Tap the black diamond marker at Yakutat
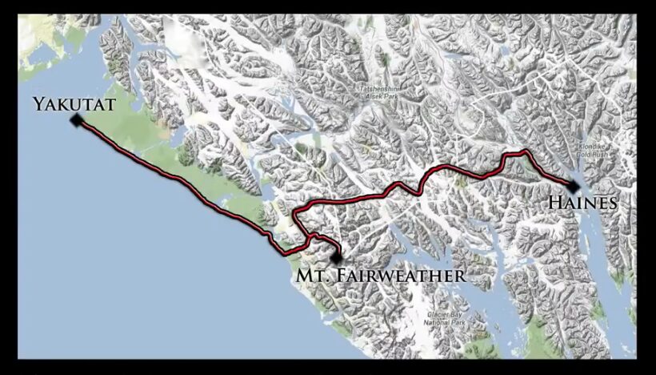coord(76,120)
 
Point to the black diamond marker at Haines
coord(574,187)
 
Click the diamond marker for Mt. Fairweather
coord(337,258)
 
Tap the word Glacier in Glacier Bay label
coord(434,314)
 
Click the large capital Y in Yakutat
coord(38,104)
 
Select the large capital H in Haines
coord(554,204)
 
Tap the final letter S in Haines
coord(613,204)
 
